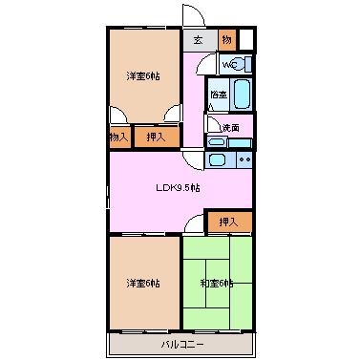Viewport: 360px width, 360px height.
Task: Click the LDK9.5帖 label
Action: (x=179, y=188)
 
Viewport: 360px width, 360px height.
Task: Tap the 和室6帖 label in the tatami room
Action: (x=216, y=284)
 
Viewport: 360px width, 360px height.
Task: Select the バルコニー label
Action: (x=180, y=342)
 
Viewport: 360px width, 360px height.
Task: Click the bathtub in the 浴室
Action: (x=242, y=96)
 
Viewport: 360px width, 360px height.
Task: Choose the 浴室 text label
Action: (x=219, y=95)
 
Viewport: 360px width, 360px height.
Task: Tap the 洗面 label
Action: (x=230, y=128)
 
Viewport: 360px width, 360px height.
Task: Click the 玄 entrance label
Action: (x=198, y=40)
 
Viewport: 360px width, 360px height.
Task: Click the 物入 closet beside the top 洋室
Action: (x=117, y=138)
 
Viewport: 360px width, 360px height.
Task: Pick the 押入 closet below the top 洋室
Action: (x=156, y=138)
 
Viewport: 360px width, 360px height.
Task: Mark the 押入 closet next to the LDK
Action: (x=228, y=222)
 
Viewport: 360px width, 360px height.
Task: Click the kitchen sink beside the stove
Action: (x=217, y=160)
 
